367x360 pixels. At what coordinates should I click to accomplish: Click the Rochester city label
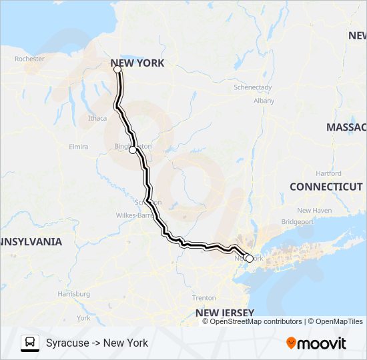click(29, 59)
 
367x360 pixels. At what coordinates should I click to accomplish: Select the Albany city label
click(264, 101)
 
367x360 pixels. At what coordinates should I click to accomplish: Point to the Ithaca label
click(97, 118)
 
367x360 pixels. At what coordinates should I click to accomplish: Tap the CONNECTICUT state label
click(326, 187)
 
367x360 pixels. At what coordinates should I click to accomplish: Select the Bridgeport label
click(297, 221)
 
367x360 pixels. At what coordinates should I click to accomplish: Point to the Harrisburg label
click(73, 293)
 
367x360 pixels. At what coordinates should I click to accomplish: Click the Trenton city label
click(204, 298)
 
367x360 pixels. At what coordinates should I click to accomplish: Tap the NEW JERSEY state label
click(224, 313)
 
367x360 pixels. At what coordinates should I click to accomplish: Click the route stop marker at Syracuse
click(117, 69)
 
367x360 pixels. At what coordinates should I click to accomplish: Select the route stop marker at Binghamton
click(133, 150)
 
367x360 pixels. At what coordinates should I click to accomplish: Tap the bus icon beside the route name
click(29, 343)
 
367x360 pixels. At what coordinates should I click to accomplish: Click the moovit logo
click(316, 343)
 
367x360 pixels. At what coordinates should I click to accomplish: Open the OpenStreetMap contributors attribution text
click(256, 321)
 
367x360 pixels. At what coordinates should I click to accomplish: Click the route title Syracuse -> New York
click(97, 343)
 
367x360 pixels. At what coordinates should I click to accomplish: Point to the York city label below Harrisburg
click(83, 318)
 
